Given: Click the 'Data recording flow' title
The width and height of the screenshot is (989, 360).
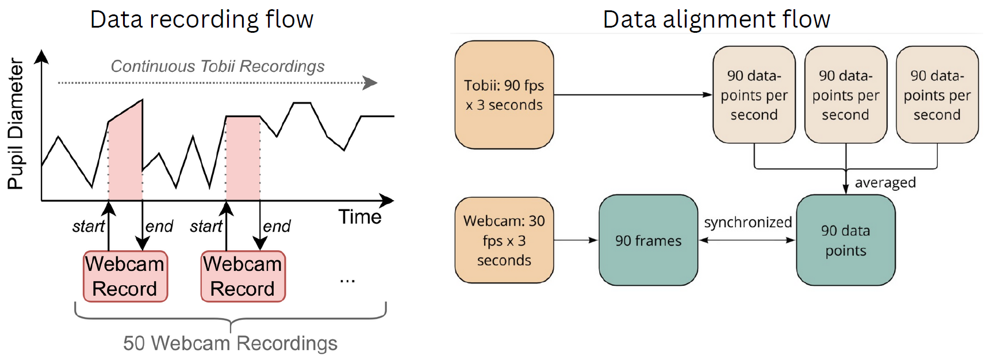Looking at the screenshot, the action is [x=202, y=19].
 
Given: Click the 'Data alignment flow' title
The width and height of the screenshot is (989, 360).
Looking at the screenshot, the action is [x=716, y=19].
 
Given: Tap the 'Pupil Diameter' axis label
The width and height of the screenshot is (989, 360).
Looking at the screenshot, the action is [x=16, y=124].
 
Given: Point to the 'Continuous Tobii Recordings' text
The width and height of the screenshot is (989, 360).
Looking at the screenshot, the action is [x=217, y=66].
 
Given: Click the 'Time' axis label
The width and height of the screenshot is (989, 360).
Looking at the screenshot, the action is [x=360, y=217].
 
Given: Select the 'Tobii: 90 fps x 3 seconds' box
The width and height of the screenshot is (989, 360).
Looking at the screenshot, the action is [x=504, y=95].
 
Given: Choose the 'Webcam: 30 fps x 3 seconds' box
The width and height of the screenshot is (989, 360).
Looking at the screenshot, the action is [x=504, y=240].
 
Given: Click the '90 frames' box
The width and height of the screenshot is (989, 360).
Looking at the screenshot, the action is [x=649, y=240].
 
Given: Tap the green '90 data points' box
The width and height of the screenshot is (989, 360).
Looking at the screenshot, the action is [x=846, y=240].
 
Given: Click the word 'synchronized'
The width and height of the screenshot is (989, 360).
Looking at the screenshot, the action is [x=748, y=223].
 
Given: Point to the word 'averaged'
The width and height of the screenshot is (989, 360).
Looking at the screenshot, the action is [x=885, y=183].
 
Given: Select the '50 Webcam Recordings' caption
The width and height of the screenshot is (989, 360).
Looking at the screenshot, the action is [x=230, y=343].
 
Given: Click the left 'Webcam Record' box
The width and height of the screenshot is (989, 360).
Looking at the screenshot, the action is [x=125, y=276].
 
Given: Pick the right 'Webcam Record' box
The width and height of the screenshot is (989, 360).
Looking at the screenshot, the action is [x=243, y=276].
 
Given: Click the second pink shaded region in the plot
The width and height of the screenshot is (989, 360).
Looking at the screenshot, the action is [x=243, y=158].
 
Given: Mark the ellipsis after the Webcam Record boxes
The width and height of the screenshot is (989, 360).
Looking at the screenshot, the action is [x=347, y=281].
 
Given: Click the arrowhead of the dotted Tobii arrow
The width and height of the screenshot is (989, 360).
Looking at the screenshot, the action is [x=371, y=83].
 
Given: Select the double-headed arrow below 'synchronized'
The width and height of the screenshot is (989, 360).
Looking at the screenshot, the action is [x=747, y=240].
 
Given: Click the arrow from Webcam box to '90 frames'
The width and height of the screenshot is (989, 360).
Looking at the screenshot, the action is [x=576, y=240].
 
